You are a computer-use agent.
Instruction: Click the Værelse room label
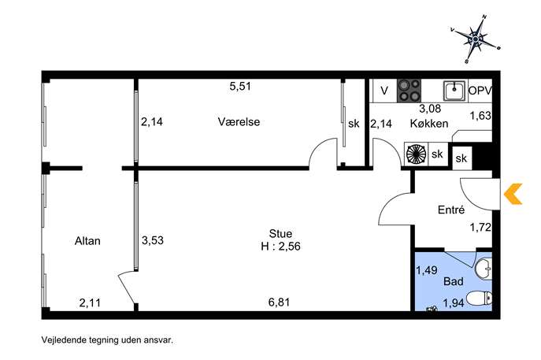(x=239, y=122)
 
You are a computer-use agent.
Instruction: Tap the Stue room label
(x=280, y=234)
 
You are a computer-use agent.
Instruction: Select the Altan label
(x=87, y=241)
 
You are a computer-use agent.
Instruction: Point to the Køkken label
(x=429, y=123)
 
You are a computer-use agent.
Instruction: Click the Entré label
(x=451, y=210)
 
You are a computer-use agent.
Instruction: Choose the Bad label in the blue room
(x=454, y=282)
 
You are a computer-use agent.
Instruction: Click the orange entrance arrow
(x=513, y=194)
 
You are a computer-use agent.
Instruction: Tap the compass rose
(x=476, y=39)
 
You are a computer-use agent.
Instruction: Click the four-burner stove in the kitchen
(x=409, y=91)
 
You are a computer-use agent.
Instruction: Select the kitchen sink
(x=454, y=91)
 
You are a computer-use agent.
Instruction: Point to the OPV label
(x=480, y=91)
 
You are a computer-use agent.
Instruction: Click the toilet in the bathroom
(x=480, y=299)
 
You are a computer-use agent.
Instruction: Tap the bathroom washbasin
(x=484, y=269)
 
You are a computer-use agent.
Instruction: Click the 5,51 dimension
(x=240, y=87)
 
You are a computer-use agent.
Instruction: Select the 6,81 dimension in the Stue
(x=279, y=302)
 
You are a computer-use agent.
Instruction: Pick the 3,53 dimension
(x=153, y=240)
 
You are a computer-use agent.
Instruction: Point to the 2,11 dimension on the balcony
(x=90, y=302)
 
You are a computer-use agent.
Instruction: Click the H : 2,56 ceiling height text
(x=280, y=247)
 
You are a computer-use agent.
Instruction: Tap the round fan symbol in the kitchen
(x=417, y=154)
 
